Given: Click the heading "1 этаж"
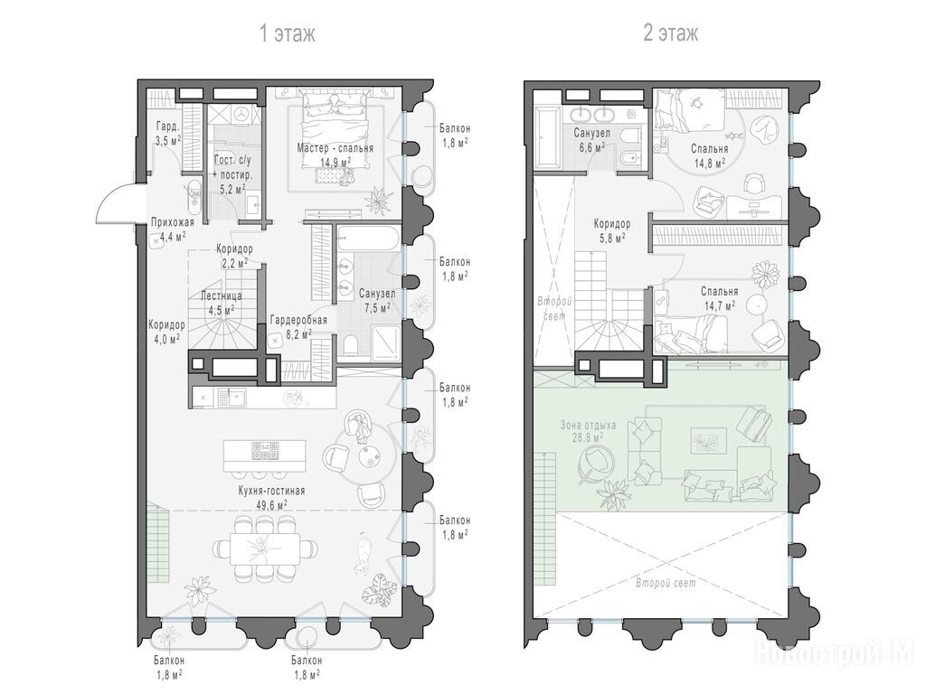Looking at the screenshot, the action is [288, 33].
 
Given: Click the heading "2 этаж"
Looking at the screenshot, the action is [670, 33].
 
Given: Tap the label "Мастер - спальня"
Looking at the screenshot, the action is [335, 148].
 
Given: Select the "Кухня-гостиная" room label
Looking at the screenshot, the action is [271, 491].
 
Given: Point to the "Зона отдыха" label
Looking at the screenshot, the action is [588, 425].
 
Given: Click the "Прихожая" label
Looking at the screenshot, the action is [173, 222].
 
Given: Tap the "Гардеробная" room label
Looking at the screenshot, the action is [298, 321].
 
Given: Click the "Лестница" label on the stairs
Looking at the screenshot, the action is [221, 295].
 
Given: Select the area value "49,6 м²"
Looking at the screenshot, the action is [271, 504].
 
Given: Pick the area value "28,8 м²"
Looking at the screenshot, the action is [587, 438].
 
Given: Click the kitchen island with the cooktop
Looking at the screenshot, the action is [265, 455].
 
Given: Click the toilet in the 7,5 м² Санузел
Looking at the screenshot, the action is [349, 346].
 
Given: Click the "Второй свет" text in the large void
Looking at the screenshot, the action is [666, 583].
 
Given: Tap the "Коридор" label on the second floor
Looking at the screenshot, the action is [612, 224].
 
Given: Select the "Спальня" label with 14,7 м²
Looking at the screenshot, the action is [719, 292].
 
